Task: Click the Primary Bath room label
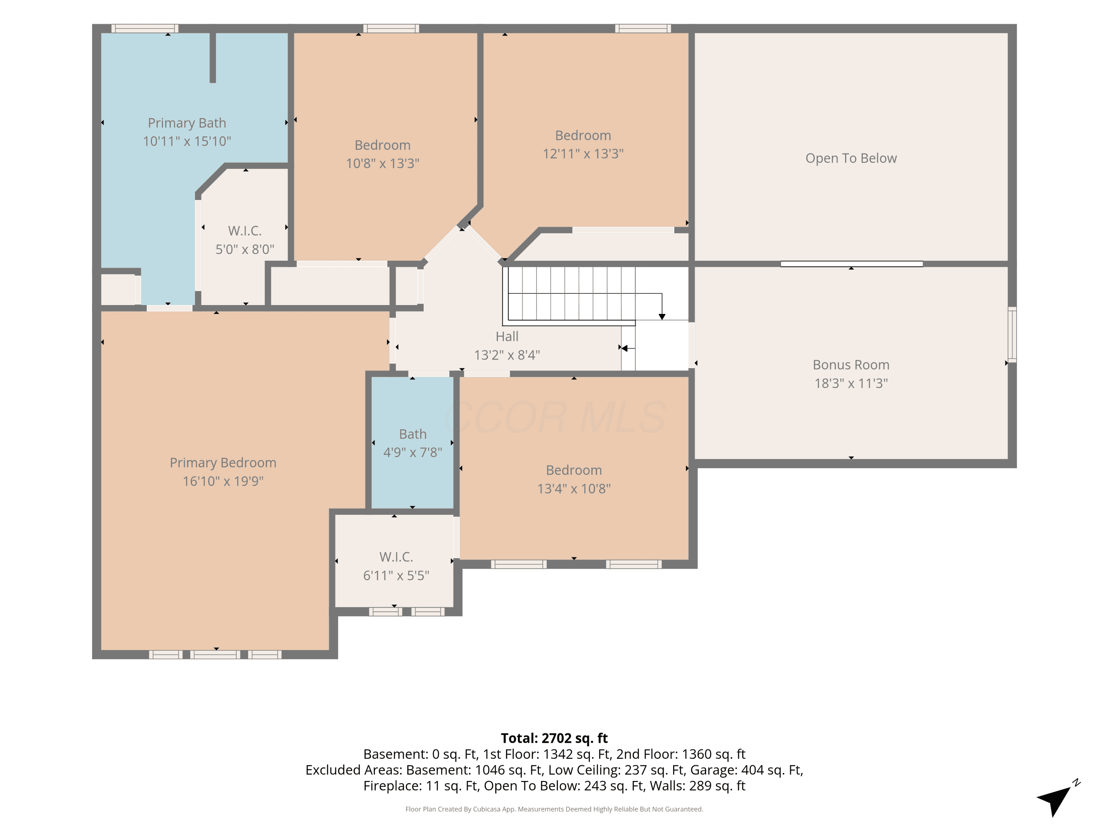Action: coord(187,123)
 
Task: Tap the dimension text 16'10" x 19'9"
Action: coord(223,481)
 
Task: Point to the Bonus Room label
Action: coord(851,365)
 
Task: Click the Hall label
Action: coord(507,336)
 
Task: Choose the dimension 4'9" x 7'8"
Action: coord(413,452)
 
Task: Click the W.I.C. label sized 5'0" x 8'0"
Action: coord(245,231)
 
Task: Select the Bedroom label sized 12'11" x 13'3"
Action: coord(583,135)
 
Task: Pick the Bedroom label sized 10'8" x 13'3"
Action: coord(383,145)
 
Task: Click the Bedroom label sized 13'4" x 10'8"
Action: coord(574,470)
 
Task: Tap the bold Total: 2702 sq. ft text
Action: coord(554,738)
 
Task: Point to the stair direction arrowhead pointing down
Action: coord(662,317)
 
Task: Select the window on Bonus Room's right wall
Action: coord(1012,335)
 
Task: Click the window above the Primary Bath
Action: coord(145,28)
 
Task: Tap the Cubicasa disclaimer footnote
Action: coord(554,809)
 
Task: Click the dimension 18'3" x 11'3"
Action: coord(851,383)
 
